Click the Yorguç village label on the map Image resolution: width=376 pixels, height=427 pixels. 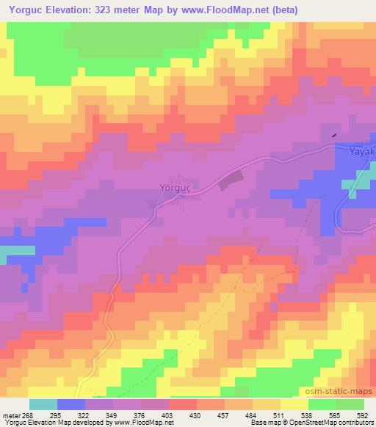pos(175,187)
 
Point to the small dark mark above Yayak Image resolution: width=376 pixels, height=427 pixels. pos(335,135)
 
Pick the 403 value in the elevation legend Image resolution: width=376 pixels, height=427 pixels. pos(155,416)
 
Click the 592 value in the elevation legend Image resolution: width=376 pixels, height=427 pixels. pos(364,416)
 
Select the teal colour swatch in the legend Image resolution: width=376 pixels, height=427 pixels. pos(43,404)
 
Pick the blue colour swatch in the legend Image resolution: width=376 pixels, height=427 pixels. pos(71,404)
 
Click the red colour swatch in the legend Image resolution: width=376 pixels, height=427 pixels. pos(183,404)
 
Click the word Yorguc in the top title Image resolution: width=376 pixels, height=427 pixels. pos(27,10)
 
